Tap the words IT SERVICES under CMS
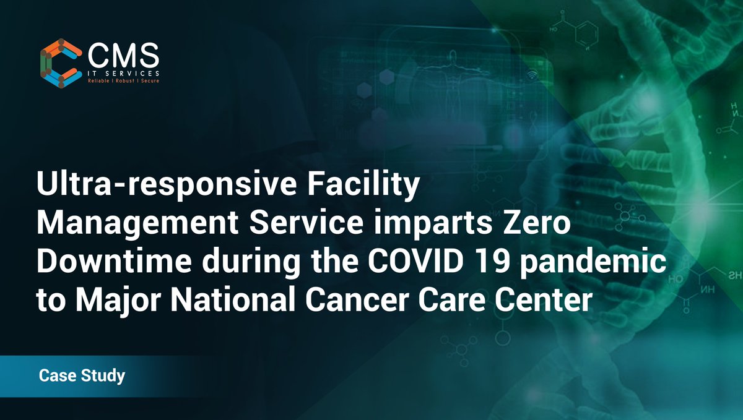click(x=123, y=74)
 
